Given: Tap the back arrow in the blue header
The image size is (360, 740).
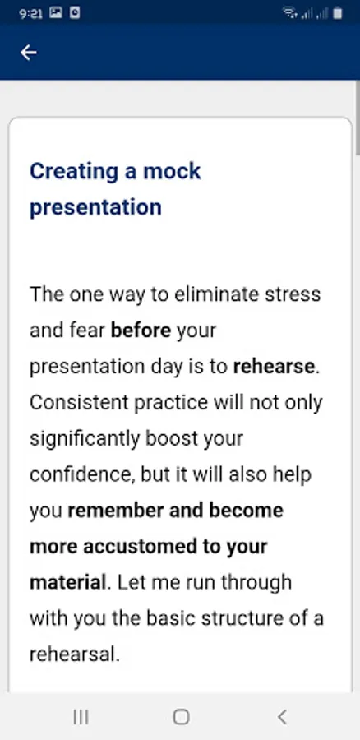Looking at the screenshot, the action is [28, 53].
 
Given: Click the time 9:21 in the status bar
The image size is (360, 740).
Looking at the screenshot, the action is [30, 13].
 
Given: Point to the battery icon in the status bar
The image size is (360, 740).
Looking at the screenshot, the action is [337, 13].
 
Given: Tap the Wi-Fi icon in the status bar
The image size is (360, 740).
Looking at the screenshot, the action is [289, 12].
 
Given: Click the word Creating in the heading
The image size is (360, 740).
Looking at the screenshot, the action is [74, 172].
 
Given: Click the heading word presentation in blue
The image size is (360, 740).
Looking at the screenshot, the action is [96, 207].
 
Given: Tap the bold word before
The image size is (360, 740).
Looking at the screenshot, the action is [141, 331].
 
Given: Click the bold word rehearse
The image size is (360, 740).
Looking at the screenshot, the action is [275, 367].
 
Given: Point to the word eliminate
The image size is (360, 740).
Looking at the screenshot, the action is [215, 294].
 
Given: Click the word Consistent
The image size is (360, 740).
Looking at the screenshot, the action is [79, 403].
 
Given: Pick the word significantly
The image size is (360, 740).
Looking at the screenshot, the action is [85, 439].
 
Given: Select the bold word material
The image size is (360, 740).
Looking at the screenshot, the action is [68, 582].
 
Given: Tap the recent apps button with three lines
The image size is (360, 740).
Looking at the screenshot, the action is [81, 717].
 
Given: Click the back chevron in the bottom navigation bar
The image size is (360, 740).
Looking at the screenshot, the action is [282, 717].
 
